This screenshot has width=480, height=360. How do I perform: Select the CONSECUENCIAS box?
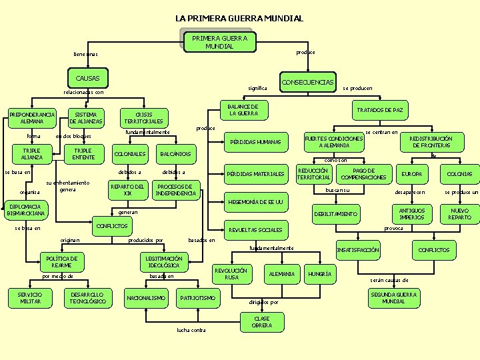[x=308, y=83]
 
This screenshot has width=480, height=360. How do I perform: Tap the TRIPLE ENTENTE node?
[x=83, y=153]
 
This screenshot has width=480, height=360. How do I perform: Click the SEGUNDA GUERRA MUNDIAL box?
[x=394, y=297]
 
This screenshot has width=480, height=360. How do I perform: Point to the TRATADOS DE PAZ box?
[x=379, y=110]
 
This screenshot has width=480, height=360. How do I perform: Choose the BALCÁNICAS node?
[x=176, y=155]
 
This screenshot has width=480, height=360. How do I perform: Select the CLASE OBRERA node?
[x=262, y=322]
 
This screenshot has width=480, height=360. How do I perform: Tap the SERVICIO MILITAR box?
[x=29, y=297]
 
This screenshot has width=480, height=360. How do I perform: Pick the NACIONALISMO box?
[x=146, y=298]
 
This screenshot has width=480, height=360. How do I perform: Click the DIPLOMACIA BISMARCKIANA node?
[x=27, y=210]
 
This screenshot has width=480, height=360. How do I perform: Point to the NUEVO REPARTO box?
[x=459, y=214]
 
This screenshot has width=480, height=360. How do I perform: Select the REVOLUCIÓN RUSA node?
[x=231, y=274]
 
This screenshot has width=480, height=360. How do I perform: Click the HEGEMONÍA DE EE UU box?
[x=256, y=202]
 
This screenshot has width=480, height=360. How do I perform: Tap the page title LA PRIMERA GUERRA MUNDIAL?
[x=239, y=18]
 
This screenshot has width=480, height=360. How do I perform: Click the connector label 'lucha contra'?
[x=191, y=330]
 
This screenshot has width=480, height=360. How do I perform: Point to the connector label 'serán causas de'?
[x=389, y=280]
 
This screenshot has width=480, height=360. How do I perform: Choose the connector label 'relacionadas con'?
[x=83, y=93]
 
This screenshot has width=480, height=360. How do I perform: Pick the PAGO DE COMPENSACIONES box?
[x=364, y=174]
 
